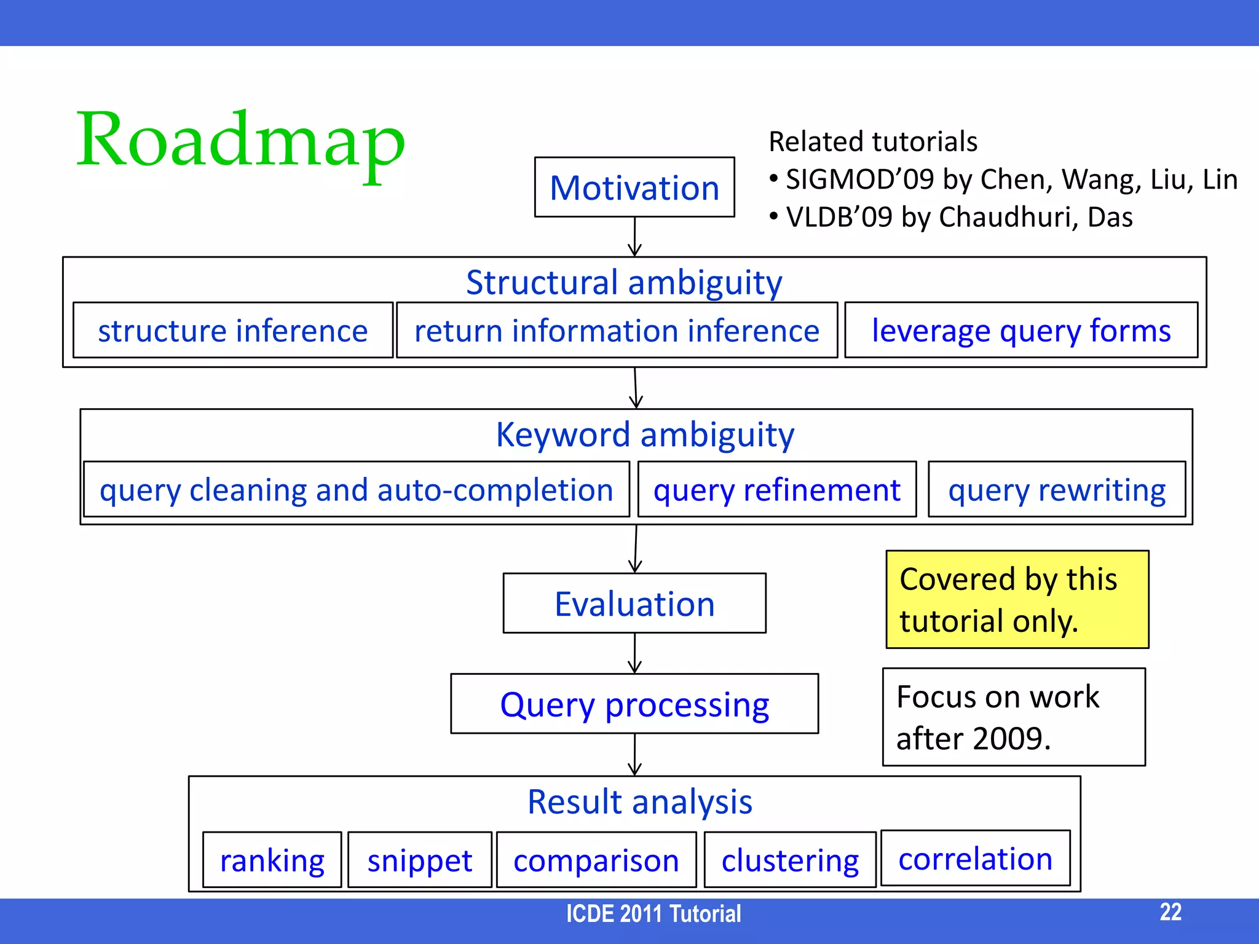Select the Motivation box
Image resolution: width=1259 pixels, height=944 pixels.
point(634,187)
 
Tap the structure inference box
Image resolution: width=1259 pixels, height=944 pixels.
point(232,330)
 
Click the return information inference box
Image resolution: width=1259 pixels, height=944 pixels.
point(617,330)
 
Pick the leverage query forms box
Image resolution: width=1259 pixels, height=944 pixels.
point(1021,330)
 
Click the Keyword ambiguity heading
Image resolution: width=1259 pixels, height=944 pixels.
point(644,435)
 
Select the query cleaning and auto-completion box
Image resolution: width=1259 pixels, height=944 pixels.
point(357,490)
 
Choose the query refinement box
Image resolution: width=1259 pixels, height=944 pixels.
point(776,490)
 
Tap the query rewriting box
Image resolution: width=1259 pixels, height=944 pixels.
point(1056,490)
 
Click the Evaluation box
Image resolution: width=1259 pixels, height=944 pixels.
point(634,604)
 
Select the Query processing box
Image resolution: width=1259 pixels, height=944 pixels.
point(634,704)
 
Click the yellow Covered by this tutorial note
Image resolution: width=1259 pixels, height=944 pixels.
point(1017,599)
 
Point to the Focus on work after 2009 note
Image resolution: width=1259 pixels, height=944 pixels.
point(1014,717)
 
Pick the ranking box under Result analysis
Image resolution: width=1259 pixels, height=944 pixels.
point(272,860)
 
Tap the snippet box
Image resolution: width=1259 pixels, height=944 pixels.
point(420,860)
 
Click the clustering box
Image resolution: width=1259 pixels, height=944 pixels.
point(790,860)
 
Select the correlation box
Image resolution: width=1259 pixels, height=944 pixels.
point(975,858)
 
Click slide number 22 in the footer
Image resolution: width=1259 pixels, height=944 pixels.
point(1170,912)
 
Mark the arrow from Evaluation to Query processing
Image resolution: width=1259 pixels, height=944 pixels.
point(634,653)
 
